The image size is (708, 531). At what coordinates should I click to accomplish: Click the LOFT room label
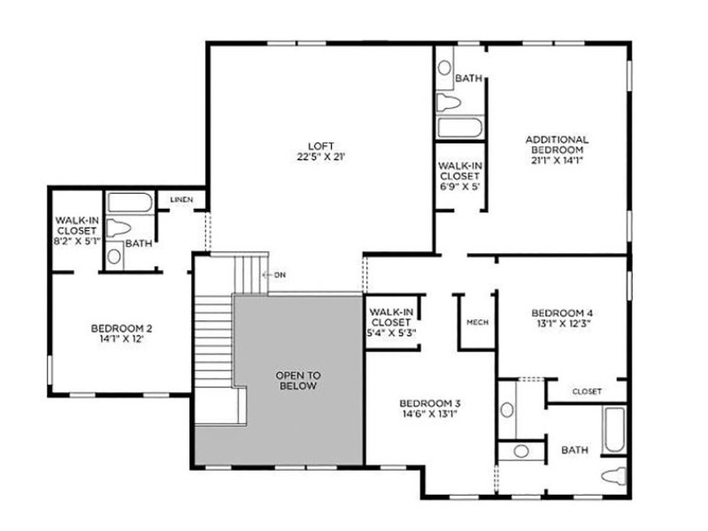point(321,146)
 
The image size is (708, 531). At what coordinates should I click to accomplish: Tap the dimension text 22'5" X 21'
point(321,158)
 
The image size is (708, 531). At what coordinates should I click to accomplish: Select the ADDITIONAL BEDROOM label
point(558,144)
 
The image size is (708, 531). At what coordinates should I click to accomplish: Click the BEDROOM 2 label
point(121,328)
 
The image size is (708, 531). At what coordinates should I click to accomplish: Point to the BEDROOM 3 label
point(430,404)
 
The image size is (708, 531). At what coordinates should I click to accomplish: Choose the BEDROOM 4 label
point(562,313)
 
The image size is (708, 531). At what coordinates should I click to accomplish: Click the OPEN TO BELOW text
point(298,381)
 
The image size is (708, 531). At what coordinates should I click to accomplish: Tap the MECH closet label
point(477,322)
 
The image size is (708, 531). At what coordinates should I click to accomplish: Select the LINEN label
point(181,200)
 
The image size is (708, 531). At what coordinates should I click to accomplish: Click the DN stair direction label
point(280,274)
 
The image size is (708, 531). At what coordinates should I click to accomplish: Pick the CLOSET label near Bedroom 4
point(587,391)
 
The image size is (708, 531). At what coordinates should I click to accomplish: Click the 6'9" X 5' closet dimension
point(459,187)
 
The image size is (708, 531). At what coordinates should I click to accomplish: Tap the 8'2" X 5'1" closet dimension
point(77,241)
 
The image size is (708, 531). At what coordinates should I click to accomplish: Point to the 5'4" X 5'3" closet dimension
point(391,334)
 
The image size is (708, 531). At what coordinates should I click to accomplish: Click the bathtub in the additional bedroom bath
point(459,127)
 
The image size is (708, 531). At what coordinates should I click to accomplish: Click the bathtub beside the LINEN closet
point(130,203)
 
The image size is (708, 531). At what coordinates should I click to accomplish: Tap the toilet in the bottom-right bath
point(615,476)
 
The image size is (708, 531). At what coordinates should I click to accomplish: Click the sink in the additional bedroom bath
point(444,68)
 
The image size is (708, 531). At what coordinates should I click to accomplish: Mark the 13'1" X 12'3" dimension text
point(563,323)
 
